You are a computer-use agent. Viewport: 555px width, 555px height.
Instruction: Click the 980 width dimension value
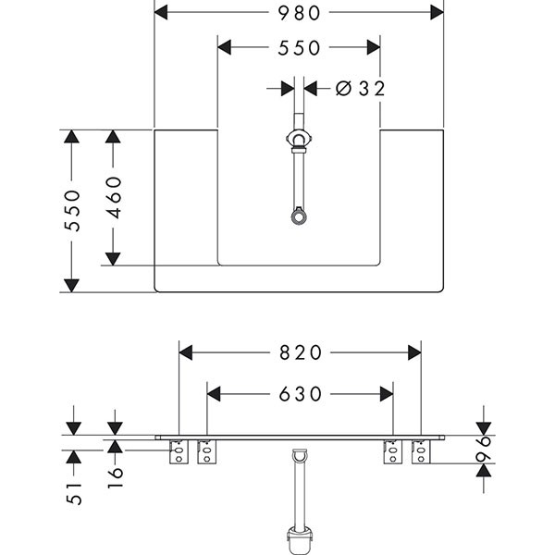coord(298,12)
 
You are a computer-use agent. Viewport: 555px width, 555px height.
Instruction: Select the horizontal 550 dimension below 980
coord(298,47)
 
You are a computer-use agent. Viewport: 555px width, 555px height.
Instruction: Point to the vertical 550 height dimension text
coord(73,210)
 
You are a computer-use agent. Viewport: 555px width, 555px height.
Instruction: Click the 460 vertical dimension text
coord(115,196)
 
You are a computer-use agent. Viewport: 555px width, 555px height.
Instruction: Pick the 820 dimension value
coord(300,352)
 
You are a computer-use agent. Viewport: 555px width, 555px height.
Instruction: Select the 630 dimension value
coord(300,394)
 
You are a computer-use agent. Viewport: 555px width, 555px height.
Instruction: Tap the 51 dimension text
coord(74,493)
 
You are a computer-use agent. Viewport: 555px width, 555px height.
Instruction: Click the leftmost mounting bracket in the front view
coord(179,452)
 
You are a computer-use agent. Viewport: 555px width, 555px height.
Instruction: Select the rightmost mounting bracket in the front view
coord(421,452)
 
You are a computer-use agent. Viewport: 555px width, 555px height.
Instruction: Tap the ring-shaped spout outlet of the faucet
coord(298,218)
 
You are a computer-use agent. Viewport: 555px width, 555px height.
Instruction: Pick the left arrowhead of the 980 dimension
coord(160,12)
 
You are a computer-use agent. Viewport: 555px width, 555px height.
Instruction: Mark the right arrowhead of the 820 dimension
coord(413,352)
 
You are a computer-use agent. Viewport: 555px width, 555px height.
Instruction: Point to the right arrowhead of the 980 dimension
coord(438,12)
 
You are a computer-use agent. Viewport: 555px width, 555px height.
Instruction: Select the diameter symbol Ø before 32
coord(342,88)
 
